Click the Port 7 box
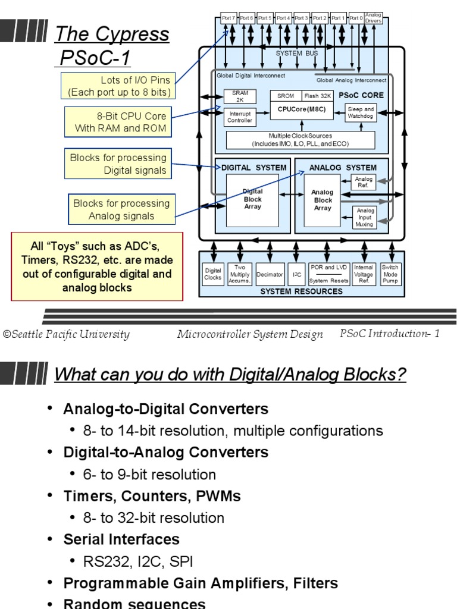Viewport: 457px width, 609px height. click(x=228, y=18)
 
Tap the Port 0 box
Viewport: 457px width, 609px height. click(x=356, y=18)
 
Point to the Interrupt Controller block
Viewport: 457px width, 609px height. click(x=240, y=116)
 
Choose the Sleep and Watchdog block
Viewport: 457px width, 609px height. click(x=361, y=113)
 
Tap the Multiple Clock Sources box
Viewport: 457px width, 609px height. click(x=300, y=140)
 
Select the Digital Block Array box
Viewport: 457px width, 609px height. click(x=252, y=200)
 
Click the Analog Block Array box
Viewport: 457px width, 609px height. click(x=322, y=200)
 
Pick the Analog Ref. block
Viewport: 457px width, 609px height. click(x=364, y=183)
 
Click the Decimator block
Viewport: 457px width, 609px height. click(x=270, y=275)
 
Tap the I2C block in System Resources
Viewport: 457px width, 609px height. click(x=296, y=275)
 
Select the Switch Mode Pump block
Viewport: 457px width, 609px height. click(x=390, y=274)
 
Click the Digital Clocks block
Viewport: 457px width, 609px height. click(x=212, y=274)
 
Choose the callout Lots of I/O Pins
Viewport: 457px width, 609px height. click(x=118, y=86)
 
